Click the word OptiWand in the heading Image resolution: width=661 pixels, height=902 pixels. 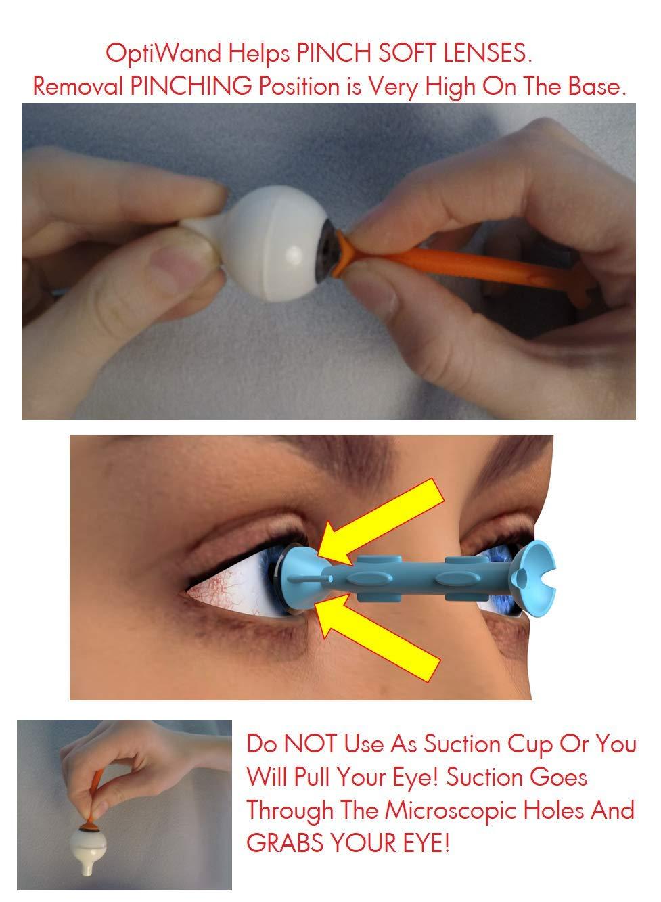[x=150, y=54]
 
